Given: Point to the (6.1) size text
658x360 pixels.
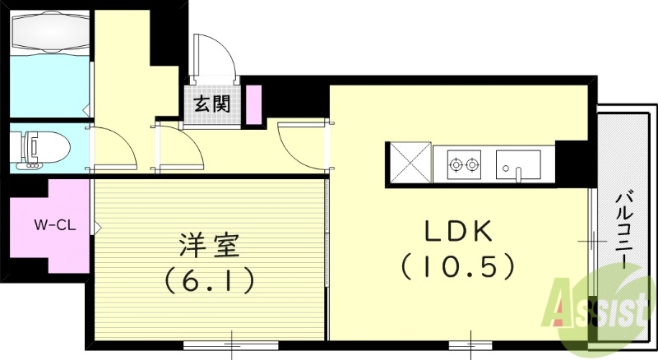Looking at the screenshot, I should (209, 281).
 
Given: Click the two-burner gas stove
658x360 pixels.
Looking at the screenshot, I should (463, 164).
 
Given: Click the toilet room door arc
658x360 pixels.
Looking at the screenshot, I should (112, 148).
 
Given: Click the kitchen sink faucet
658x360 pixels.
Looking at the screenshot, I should (519, 173).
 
